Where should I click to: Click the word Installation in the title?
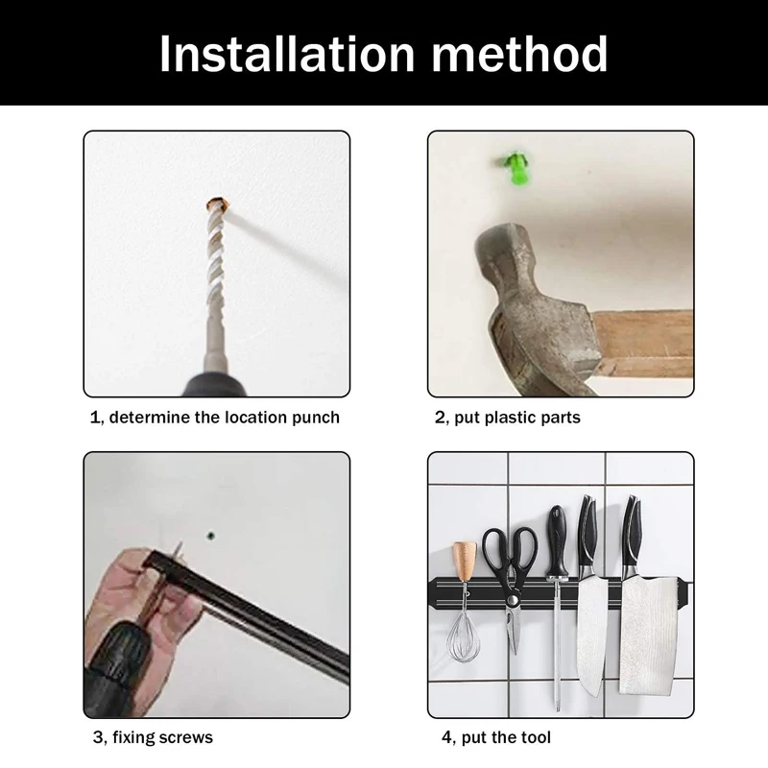point(287,54)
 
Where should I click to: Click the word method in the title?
point(519,54)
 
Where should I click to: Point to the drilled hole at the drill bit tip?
point(218,204)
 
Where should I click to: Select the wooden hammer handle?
point(642,344)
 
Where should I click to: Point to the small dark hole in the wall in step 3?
point(211,536)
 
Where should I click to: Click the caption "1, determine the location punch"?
point(214,418)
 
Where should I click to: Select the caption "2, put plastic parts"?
point(508,418)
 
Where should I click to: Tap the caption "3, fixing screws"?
point(153,737)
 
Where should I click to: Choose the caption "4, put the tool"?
point(496,737)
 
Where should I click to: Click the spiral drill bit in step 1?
point(216,275)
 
